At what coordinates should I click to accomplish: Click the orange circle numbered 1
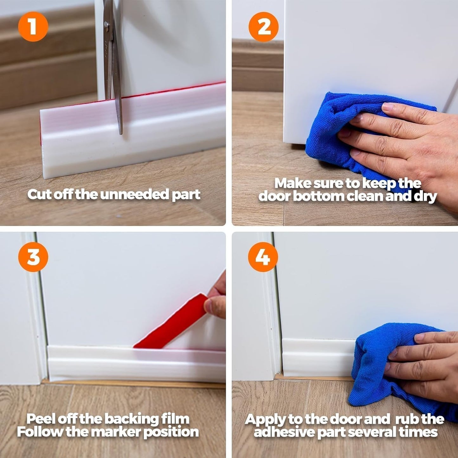click(33, 27)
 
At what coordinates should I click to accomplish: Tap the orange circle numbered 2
click(263, 27)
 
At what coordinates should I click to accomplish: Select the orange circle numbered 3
click(33, 257)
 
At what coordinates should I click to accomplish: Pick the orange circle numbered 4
click(263, 257)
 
